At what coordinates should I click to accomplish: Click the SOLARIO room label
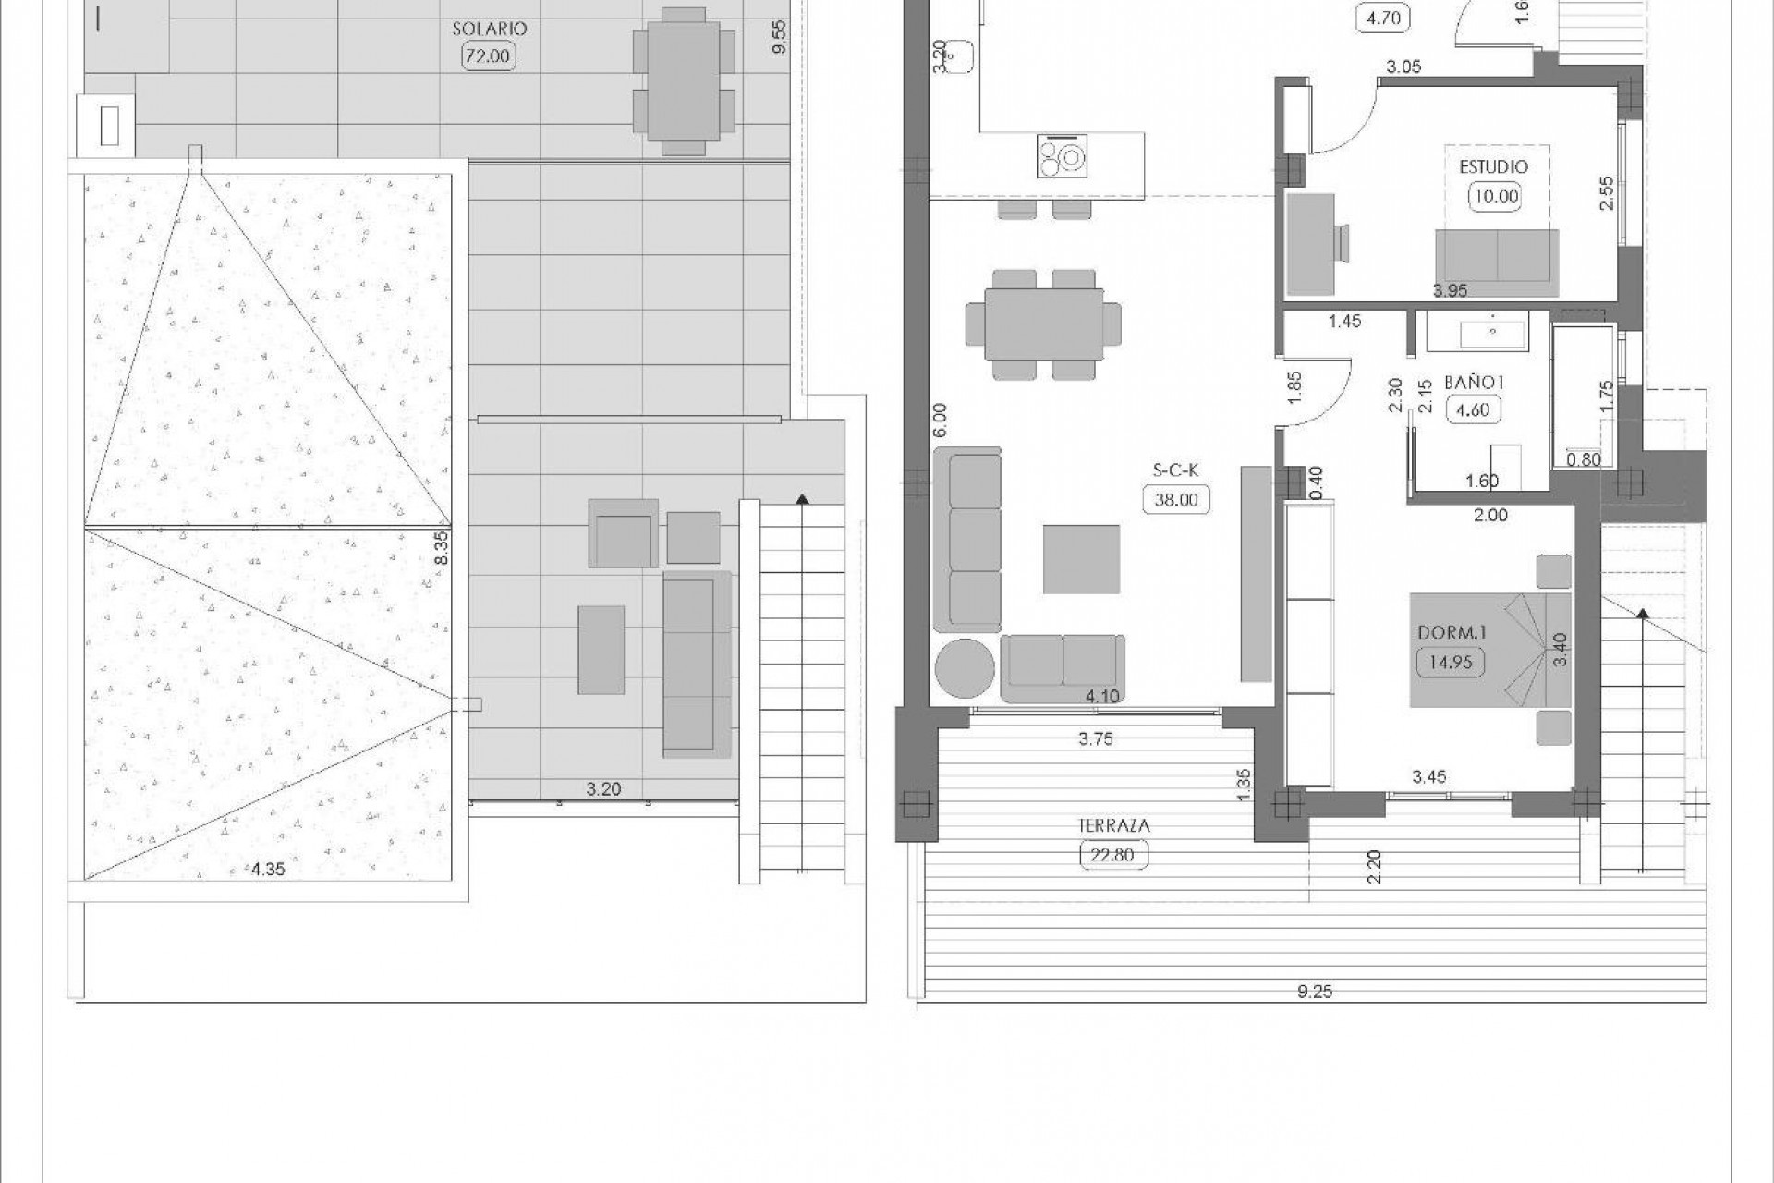tap(489, 29)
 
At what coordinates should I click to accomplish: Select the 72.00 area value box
tap(487, 56)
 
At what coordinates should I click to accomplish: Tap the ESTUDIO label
tap(1493, 167)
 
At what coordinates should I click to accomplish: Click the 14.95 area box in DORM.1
tap(1450, 662)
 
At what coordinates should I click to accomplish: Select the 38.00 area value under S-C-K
tap(1176, 500)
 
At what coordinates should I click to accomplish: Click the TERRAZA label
tap(1112, 826)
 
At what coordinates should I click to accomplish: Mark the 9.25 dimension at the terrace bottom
tap(1314, 993)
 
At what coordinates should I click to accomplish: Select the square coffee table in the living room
tap(1081, 559)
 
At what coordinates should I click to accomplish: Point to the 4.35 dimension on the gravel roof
tap(268, 868)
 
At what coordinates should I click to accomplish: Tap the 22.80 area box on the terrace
tap(1112, 855)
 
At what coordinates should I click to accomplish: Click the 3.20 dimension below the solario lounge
tap(603, 789)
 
